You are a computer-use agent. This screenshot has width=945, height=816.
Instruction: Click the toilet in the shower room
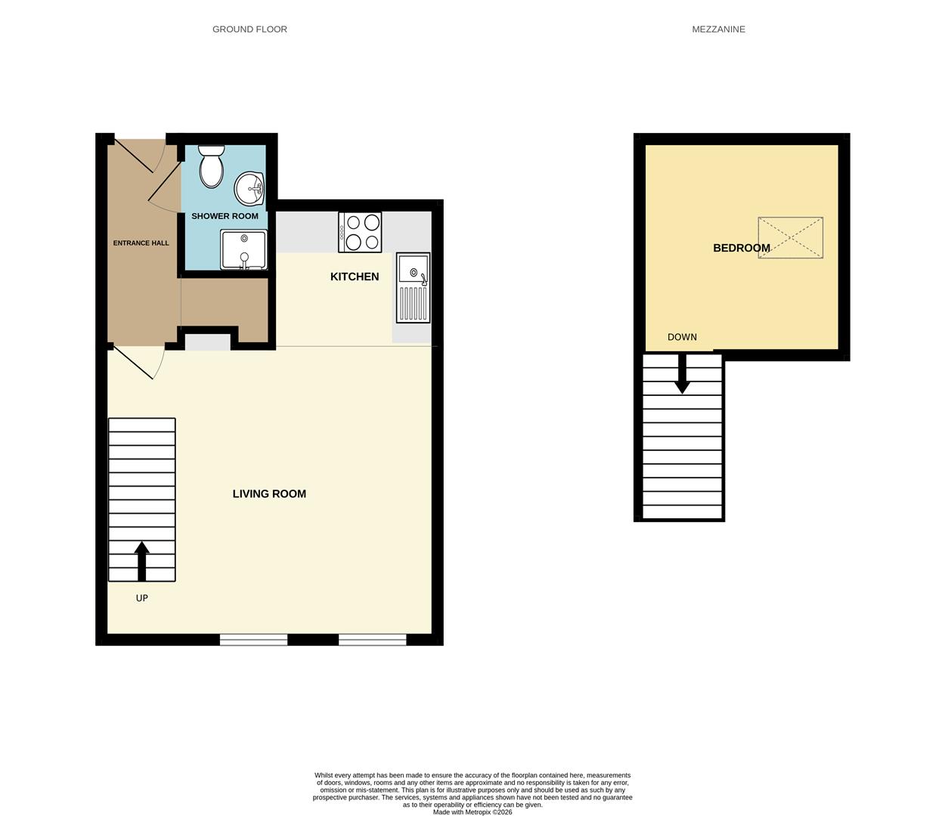pos(212,167)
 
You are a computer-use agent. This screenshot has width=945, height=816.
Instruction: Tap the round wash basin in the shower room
pos(249,189)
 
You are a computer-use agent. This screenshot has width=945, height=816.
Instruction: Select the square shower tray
pos(243,249)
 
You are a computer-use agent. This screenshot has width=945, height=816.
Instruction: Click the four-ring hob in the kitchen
pos(360,232)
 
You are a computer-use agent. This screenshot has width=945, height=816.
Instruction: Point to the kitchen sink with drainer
pos(413,288)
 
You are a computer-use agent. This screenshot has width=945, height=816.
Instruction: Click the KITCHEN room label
pos(355,277)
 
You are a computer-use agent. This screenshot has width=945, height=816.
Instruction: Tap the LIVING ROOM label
pos(269,493)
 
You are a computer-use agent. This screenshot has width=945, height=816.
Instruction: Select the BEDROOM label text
pos(742,248)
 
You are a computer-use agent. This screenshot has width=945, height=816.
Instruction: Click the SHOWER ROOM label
pos(225,216)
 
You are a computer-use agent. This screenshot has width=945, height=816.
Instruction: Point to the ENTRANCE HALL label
pos(141,243)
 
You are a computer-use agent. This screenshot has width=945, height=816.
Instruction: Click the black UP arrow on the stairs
pos(142,560)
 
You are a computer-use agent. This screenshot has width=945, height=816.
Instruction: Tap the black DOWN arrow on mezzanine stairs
pos(682,375)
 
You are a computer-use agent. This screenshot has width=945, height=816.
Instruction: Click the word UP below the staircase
pos(141,598)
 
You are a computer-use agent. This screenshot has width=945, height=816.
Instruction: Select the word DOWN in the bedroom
pos(682,337)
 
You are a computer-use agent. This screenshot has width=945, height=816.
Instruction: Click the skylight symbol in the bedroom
pos(790,238)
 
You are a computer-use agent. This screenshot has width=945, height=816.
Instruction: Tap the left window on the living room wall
pos(253,640)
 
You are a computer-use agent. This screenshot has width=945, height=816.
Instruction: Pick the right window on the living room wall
pos(372,640)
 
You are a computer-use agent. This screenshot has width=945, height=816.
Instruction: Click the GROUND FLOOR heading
pos(249,29)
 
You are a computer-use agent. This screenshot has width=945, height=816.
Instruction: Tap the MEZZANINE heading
pos(718,29)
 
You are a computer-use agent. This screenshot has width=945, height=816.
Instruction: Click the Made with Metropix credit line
pos(472,812)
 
